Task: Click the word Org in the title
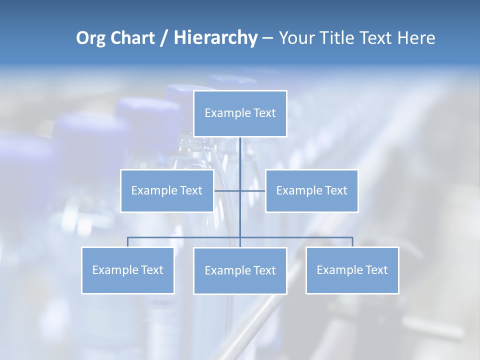click(90, 38)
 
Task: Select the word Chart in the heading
click(131, 38)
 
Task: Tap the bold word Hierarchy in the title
click(215, 38)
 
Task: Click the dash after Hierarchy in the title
click(267, 38)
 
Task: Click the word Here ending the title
click(416, 38)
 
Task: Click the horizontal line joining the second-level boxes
click(252, 190)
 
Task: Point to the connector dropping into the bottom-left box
click(128, 242)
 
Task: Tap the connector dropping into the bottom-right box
click(352, 242)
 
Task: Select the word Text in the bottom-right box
click(376, 270)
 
